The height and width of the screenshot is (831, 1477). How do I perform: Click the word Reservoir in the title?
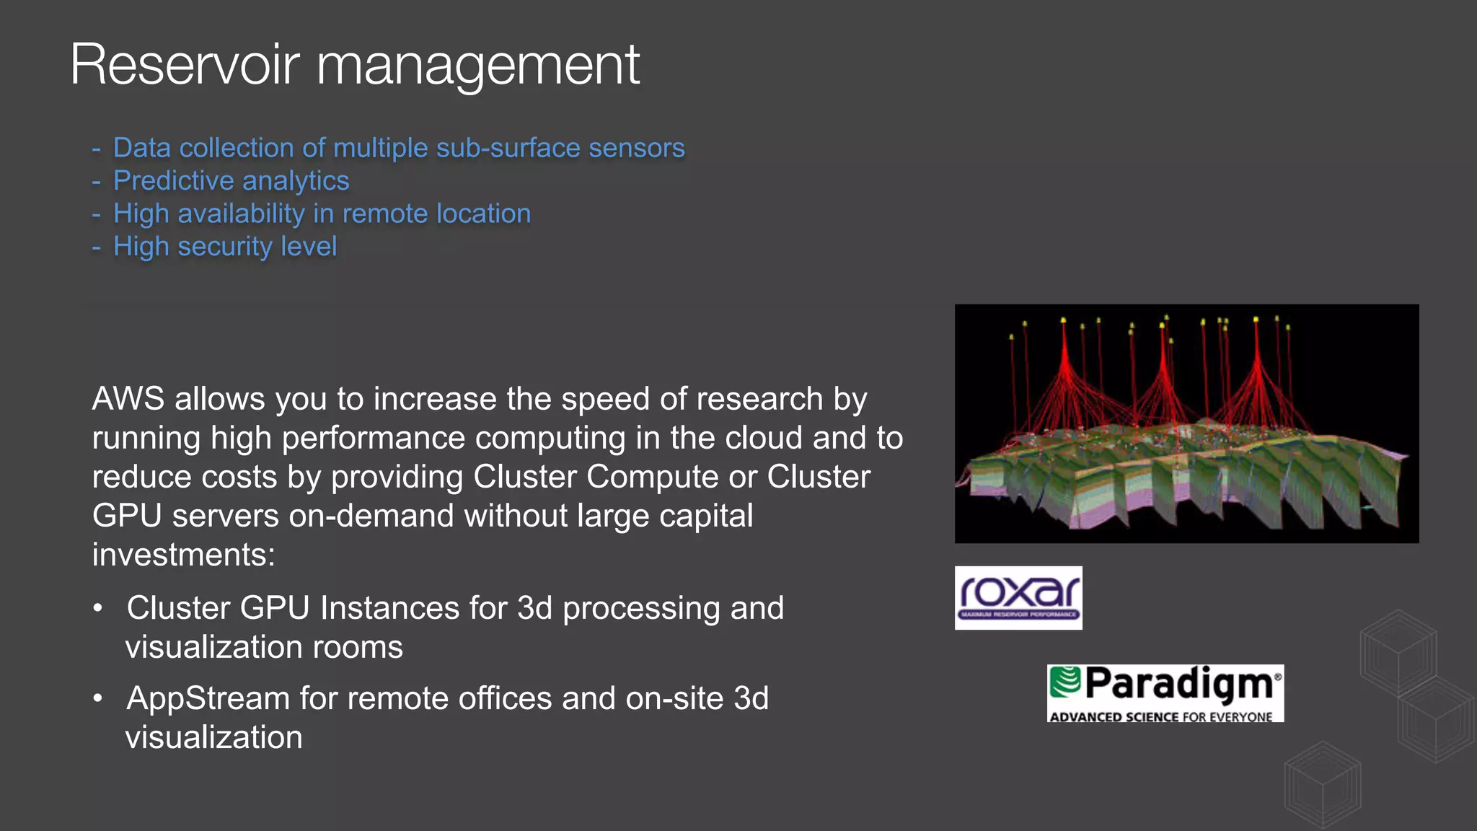tap(185, 65)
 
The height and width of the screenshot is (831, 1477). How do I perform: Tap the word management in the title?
tap(477, 66)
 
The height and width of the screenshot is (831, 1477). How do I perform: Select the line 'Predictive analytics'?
tap(231, 180)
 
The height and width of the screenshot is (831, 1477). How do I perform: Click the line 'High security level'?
tap(225, 247)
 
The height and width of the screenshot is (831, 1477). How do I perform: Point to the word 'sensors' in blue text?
tap(636, 148)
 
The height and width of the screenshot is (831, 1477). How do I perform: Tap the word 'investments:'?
tap(184, 555)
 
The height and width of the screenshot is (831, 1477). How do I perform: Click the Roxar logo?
tap(1018, 597)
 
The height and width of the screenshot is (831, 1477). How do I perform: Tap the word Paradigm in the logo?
tap(1178, 684)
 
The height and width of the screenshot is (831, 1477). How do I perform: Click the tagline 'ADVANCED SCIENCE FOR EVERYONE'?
tap(1161, 717)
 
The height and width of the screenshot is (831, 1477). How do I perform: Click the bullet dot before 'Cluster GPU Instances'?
tap(98, 608)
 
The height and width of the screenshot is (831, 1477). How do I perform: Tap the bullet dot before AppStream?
tap(98, 698)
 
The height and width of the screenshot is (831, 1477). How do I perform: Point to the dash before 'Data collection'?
tap(96, 149)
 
